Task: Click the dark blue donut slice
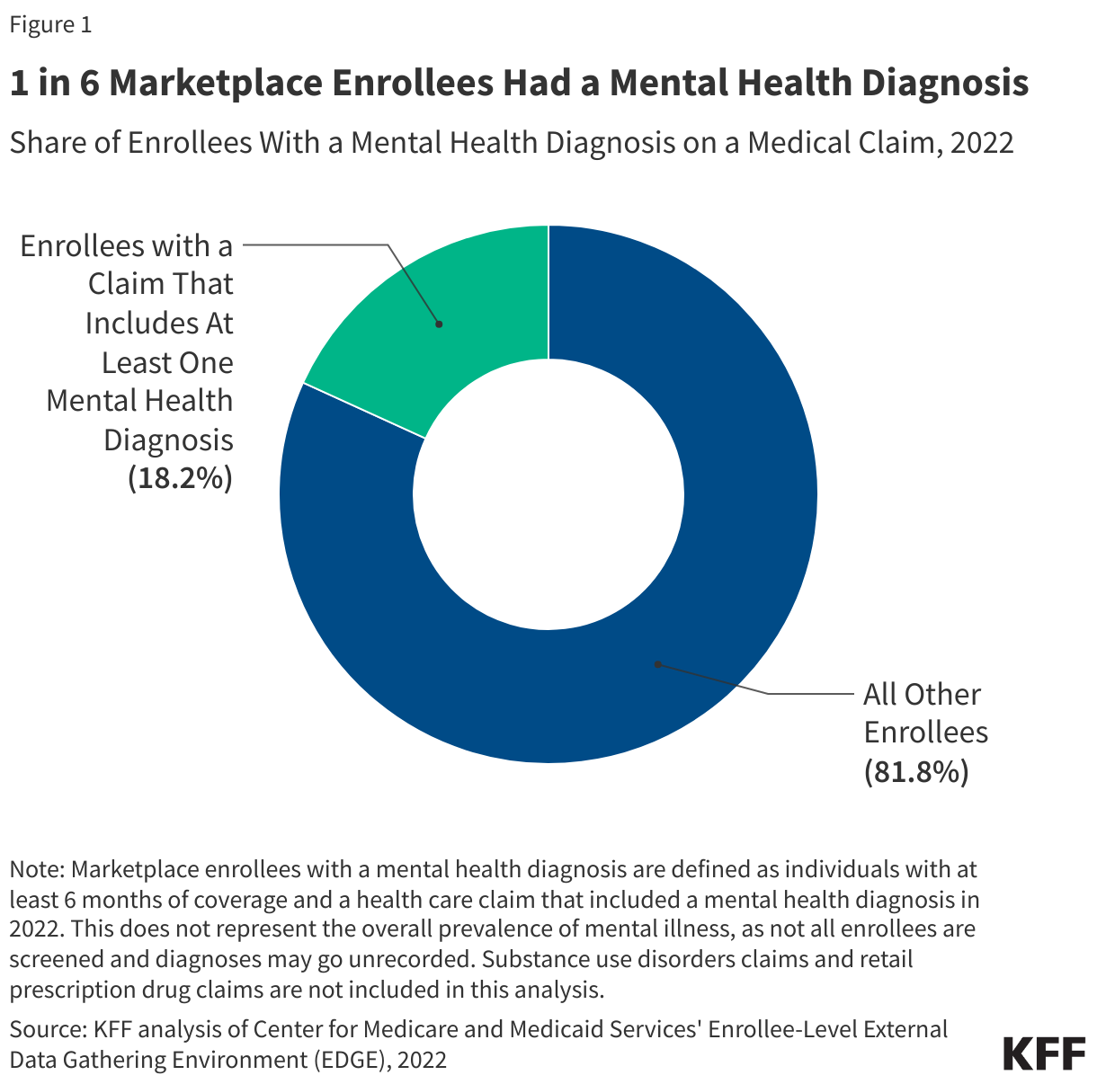click(x=719, y=539)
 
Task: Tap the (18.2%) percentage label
click(x=180, y=478)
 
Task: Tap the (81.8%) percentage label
click(x=916, y=772)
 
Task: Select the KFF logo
click(x=1044, y=1053)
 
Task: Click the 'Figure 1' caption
click(x=50, y=24)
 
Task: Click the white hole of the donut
click(x=548, y=494)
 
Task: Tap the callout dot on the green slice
click(x=439, y=324)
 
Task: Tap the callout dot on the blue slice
click(x=657, y=664)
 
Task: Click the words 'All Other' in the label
click(x=922, y=694)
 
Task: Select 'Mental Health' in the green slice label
click(x=139, y=401)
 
